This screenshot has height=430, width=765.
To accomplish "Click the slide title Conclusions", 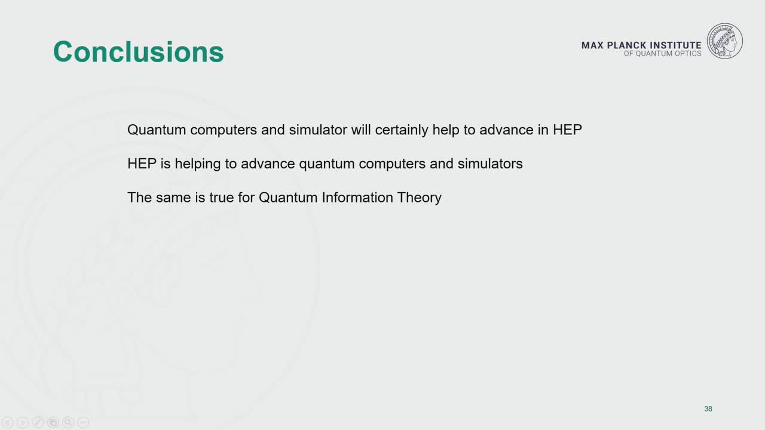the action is (x=138, y=52).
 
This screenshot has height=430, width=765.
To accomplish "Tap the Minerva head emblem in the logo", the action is (x=725, y=41).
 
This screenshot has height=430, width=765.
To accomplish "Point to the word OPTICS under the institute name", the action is (x=688, y=54).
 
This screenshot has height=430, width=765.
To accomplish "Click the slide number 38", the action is (x=708, y=409).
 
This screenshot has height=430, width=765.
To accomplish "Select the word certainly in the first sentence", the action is (x=402, y=130).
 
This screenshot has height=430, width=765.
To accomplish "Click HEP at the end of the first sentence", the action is (x=567, y=130).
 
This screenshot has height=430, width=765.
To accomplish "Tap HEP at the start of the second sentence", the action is (x=142, y=164).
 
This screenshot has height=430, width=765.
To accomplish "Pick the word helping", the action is (x=198, y=164).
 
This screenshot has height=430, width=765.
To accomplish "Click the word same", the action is (x=173, y=198).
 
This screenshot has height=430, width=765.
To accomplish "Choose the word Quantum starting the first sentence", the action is (x=157, y=130).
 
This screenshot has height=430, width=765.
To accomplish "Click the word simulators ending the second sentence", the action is (x=490, y=164).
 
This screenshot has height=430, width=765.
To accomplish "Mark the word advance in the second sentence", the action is (x=268, y=164).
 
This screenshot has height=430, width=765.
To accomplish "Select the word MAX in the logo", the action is (x=592, y=45).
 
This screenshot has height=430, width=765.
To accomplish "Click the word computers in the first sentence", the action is (x=224, y=130).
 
